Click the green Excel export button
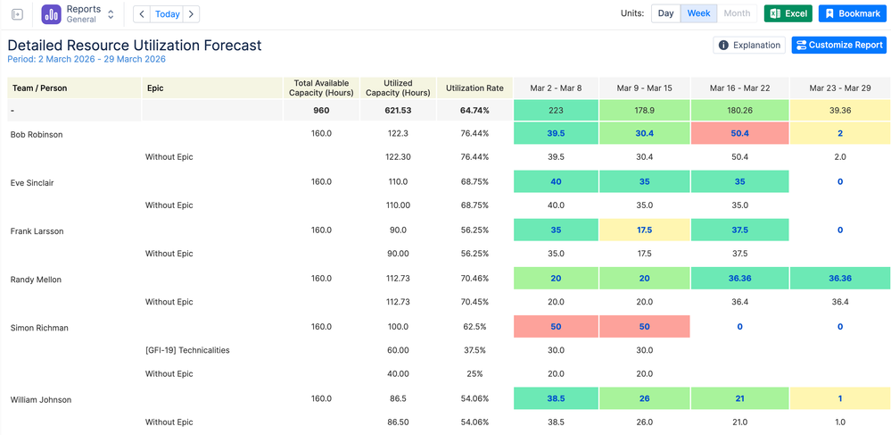pyautogui.click(x=788, y=13)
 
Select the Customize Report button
pyautogui.click(x=838, y=45)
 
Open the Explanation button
pyautogui.click(x=749, y=45)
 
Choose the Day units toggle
pyautogui.click(x=665, y=13)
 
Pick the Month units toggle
pyautogui.click(x=737, y=13)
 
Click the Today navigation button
pyautogui.click(x=167, y=13)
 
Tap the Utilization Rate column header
pyautogui.click(x=474, y=88)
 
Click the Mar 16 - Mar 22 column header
pyautogui.click(x=739, y=88)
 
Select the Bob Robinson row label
pyautogui.click(x=37, y=134)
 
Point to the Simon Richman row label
pyautogui.click(x=39, y=328)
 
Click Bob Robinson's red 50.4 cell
pyautogui.click(x=739, y=133)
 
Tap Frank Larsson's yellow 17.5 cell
pyautogui.click(x=644, y=230)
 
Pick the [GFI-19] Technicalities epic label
pyautogui.click(x=187, y=350)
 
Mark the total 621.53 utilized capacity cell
pyautogui.click(x=398, y=111)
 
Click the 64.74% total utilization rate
pyautogui.click(x=474, y=111)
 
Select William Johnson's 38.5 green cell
pyautogui.click(x=556, y=398)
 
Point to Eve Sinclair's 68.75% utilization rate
pyautogui.click(x=474, y=182)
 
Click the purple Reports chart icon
pyautogui.click(x=51, y=14)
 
